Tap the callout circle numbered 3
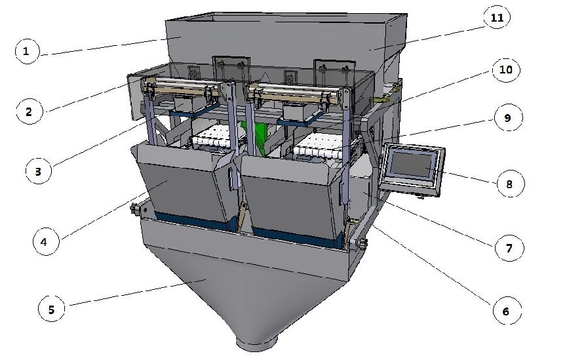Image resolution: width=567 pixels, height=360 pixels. point(37,172)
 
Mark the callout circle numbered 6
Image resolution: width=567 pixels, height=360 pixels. point(505,311)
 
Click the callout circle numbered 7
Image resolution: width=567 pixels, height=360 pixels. point(509,248)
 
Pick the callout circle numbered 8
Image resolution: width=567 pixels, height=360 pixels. point(509,184)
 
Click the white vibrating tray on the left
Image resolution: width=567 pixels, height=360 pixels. point(216,139)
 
